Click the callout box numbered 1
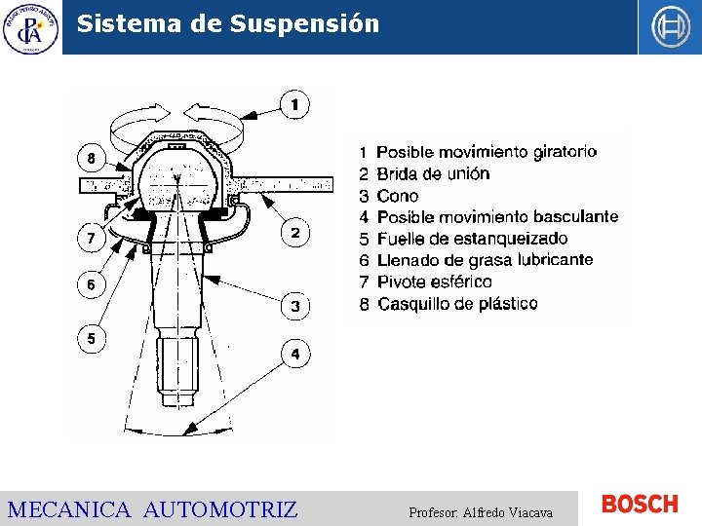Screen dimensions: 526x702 294,102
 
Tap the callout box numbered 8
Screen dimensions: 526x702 91,158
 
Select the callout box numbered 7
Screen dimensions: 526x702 91,237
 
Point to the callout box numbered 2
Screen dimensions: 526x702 295,232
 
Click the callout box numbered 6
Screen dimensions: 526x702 91,284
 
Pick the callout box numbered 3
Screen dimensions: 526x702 295,306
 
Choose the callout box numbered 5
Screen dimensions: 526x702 91,339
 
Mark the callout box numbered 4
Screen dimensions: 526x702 295,353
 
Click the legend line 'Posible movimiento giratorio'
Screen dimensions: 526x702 486,152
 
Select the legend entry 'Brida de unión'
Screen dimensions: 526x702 433,173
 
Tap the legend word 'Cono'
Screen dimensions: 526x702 397,196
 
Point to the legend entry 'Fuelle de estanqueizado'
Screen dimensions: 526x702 472,239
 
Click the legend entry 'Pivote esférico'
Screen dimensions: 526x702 434,282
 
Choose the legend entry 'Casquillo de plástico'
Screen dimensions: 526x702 456,304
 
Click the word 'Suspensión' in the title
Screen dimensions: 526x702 305,23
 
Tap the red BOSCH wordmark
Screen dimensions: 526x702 640,504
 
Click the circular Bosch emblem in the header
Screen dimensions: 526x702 670,27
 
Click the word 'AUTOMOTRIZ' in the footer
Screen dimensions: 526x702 220,509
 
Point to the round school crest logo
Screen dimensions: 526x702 30,27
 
